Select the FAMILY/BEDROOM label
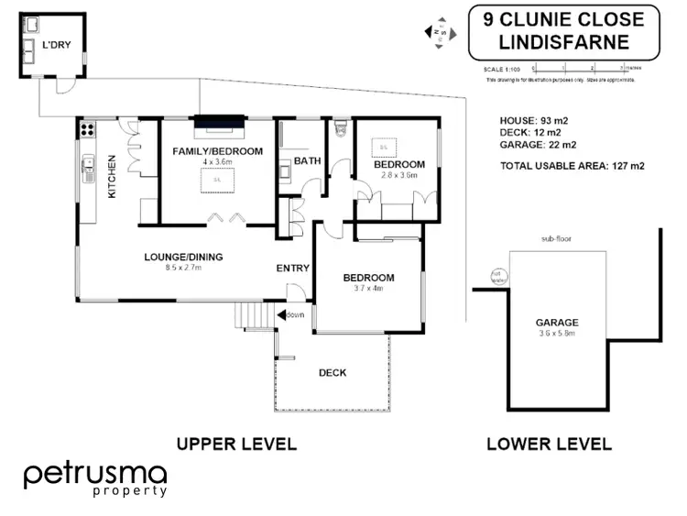(218, 151)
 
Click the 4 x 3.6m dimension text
(218, 162)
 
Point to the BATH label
(308, 161)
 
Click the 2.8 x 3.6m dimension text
(399, 174)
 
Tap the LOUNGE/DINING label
(182, 257)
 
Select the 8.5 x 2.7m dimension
(182, 269)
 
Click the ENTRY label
(292, 269)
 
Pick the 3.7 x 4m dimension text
(368, 289)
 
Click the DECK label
(332, 373)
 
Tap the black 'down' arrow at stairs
(285, 315)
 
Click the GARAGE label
(557, 323)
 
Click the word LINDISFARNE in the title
(562, 42)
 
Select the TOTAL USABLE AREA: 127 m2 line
(572, 166)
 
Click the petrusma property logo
(95, 479)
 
